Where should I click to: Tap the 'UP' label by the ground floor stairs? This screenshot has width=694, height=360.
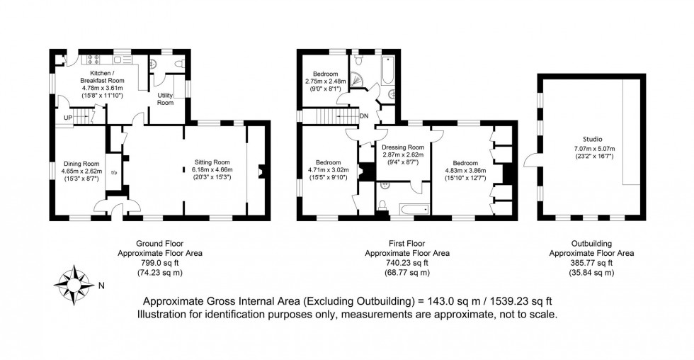(x=68, y=117)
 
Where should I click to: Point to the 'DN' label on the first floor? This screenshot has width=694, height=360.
(x=364, y=116)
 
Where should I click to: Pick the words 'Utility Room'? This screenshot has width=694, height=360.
(x=165, y=100)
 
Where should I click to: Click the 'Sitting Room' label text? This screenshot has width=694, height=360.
(x=212, y=162)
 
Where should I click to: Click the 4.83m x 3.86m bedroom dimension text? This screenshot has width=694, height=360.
(x=464, y=170)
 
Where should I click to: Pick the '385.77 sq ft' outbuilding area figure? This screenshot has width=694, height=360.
(x=592, y=262)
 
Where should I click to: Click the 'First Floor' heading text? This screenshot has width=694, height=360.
(x=406, y=243)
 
